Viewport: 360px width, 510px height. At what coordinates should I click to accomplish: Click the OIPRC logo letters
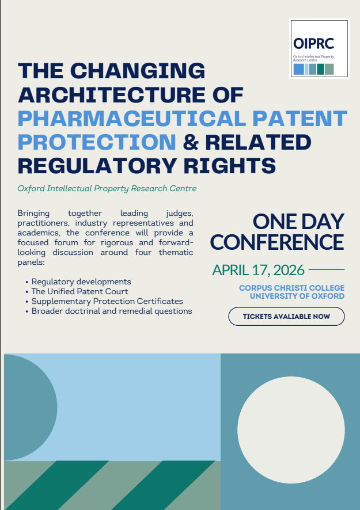(x=313, y=43)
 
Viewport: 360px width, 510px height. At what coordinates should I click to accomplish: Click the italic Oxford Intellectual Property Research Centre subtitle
(x=107, y=188)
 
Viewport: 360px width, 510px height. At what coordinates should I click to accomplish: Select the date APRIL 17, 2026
(x=259, y=269)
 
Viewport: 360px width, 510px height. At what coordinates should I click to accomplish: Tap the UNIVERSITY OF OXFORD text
(x=297, y=296)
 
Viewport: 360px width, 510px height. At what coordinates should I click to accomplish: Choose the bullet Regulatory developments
(x=81, y=281)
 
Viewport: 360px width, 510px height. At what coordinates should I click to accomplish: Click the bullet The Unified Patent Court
(x=79, y=291)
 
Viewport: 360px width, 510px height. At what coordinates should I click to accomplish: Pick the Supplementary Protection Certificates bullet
(x=107, y=301)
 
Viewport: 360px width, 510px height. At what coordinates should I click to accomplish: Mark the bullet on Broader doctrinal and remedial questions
(x=112, y=311)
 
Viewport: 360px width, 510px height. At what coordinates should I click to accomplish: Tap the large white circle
(x=291, y=430)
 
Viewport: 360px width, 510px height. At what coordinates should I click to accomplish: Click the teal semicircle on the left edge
(x=29, y=408)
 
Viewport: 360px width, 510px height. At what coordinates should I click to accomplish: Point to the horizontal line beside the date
(x=327, y=269)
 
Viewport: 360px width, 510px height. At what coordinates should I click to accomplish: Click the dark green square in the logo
(x=320, y=69)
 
